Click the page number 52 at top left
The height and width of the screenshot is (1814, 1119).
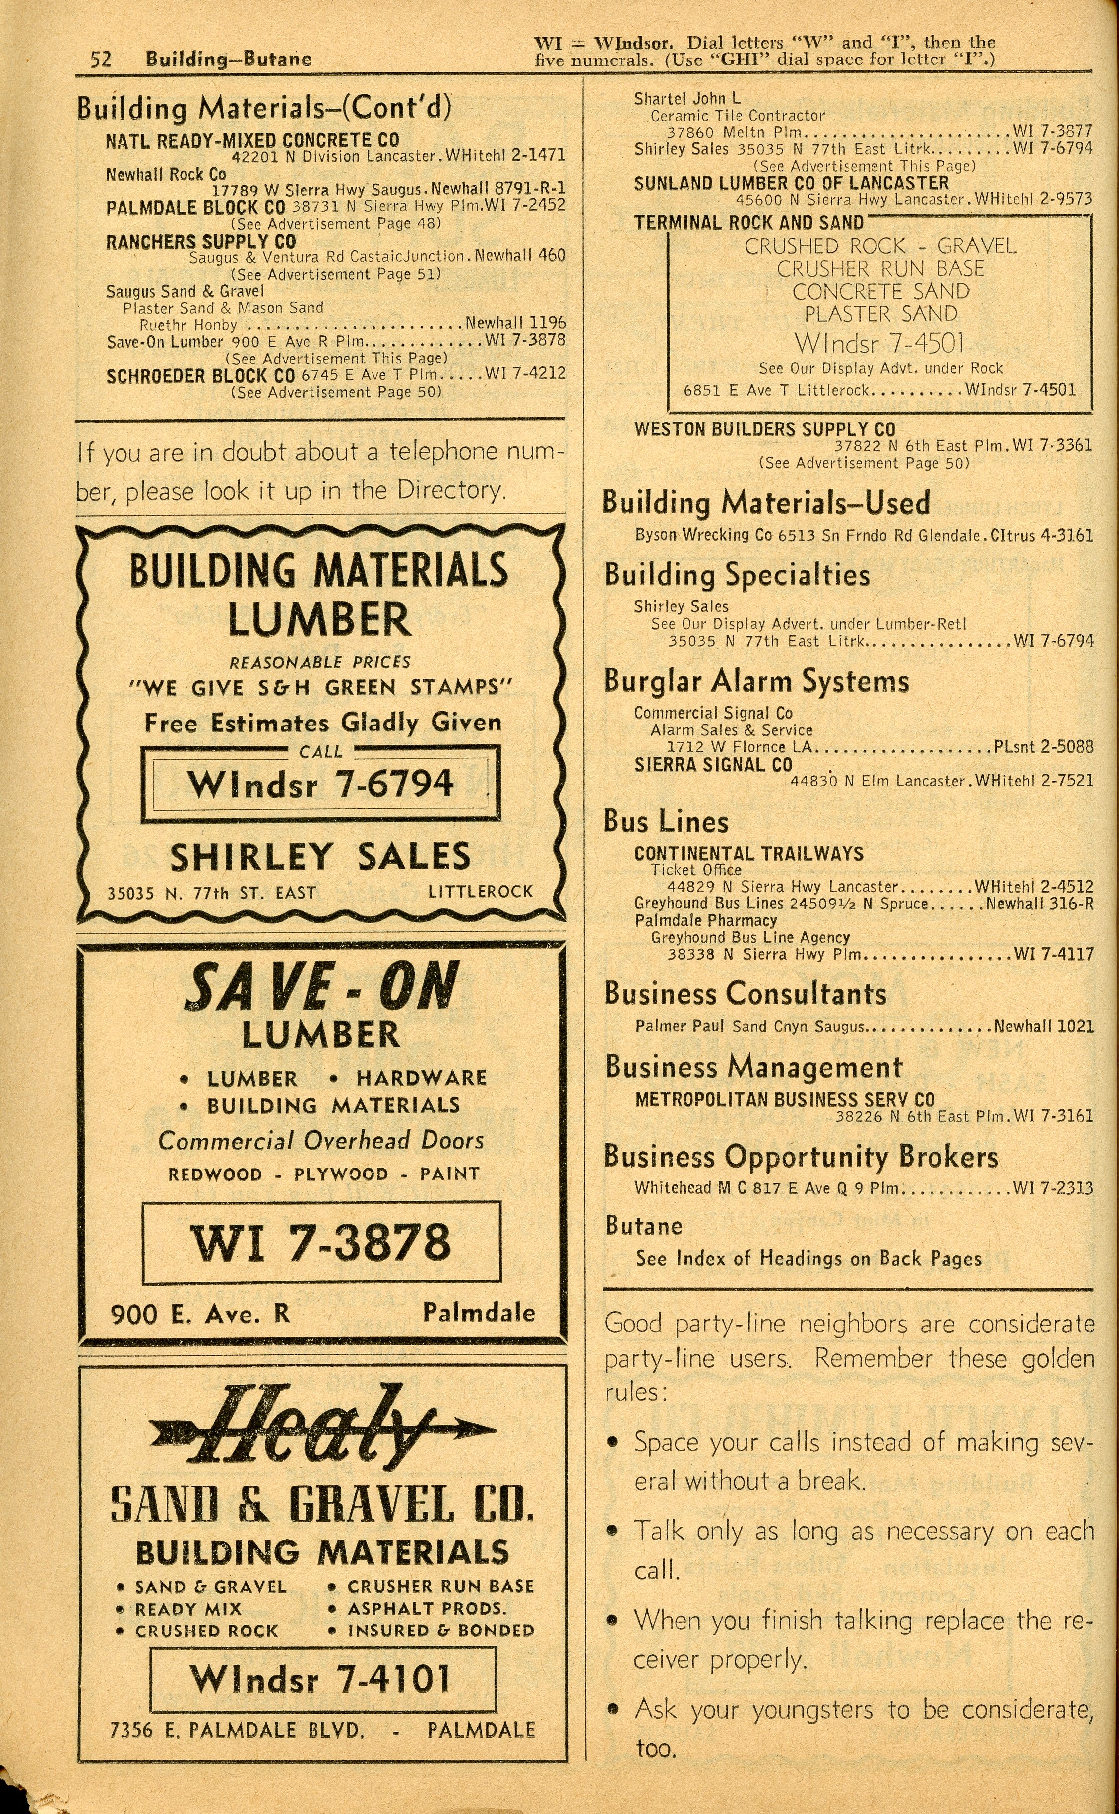(x=101, y=59)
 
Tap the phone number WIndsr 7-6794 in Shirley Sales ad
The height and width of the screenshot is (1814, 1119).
(x=320, y=784)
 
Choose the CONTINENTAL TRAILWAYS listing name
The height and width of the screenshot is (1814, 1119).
(x=748, y=854)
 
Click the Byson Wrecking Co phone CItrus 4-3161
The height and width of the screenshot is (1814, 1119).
(x=1042, y=535)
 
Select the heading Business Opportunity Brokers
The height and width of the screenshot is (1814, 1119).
(x=801, y=1156)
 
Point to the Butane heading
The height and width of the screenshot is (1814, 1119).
(x=643, y=1226)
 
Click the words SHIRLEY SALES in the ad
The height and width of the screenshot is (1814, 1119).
(x=320, y=857)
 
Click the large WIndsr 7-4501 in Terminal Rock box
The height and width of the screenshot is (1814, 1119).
(x=879, y=343)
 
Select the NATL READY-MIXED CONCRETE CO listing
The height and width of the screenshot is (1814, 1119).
(x=252, y=140)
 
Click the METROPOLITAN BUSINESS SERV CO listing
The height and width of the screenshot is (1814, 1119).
(x=785, y=1099)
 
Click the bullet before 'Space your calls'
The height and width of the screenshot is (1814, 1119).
(x=612, y=1443)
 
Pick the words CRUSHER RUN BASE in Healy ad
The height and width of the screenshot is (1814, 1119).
(x=440, y=1587)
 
